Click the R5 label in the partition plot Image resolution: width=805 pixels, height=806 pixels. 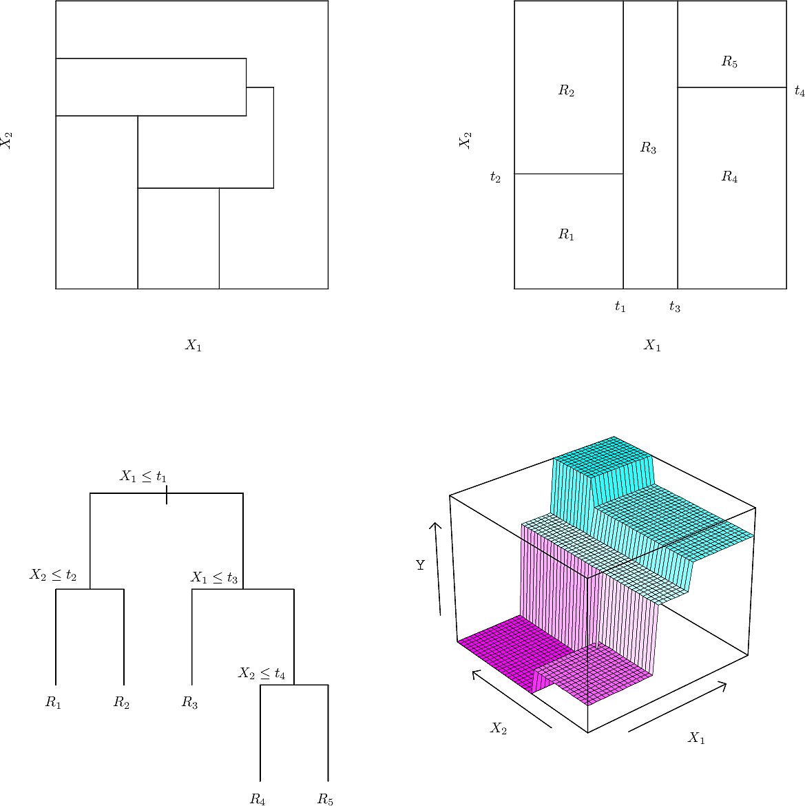729,62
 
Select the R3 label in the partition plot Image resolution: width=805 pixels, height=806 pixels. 648,148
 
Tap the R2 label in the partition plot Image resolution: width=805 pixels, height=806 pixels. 567,91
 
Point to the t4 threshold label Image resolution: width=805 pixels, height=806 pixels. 799,91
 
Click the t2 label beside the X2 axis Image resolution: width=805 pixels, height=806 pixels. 495,177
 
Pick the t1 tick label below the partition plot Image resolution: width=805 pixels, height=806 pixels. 620,307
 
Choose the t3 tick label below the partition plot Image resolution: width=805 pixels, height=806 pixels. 675,307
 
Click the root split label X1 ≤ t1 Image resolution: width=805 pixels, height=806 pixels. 143,477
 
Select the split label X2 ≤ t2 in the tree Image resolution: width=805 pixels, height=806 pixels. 53,575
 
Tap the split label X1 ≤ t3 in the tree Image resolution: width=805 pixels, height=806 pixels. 214,578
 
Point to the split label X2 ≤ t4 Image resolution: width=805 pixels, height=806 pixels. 262,673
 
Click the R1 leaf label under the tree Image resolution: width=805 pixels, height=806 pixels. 54,702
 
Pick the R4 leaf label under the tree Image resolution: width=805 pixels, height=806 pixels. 258,799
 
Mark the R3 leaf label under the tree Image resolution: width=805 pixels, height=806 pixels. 189,702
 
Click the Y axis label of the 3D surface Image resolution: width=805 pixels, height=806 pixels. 420,565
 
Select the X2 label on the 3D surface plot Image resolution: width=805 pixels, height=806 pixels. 499,728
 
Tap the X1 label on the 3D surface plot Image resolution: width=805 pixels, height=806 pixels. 696,738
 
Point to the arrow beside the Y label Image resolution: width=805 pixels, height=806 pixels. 438,568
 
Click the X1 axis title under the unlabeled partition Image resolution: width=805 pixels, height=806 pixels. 194,345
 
